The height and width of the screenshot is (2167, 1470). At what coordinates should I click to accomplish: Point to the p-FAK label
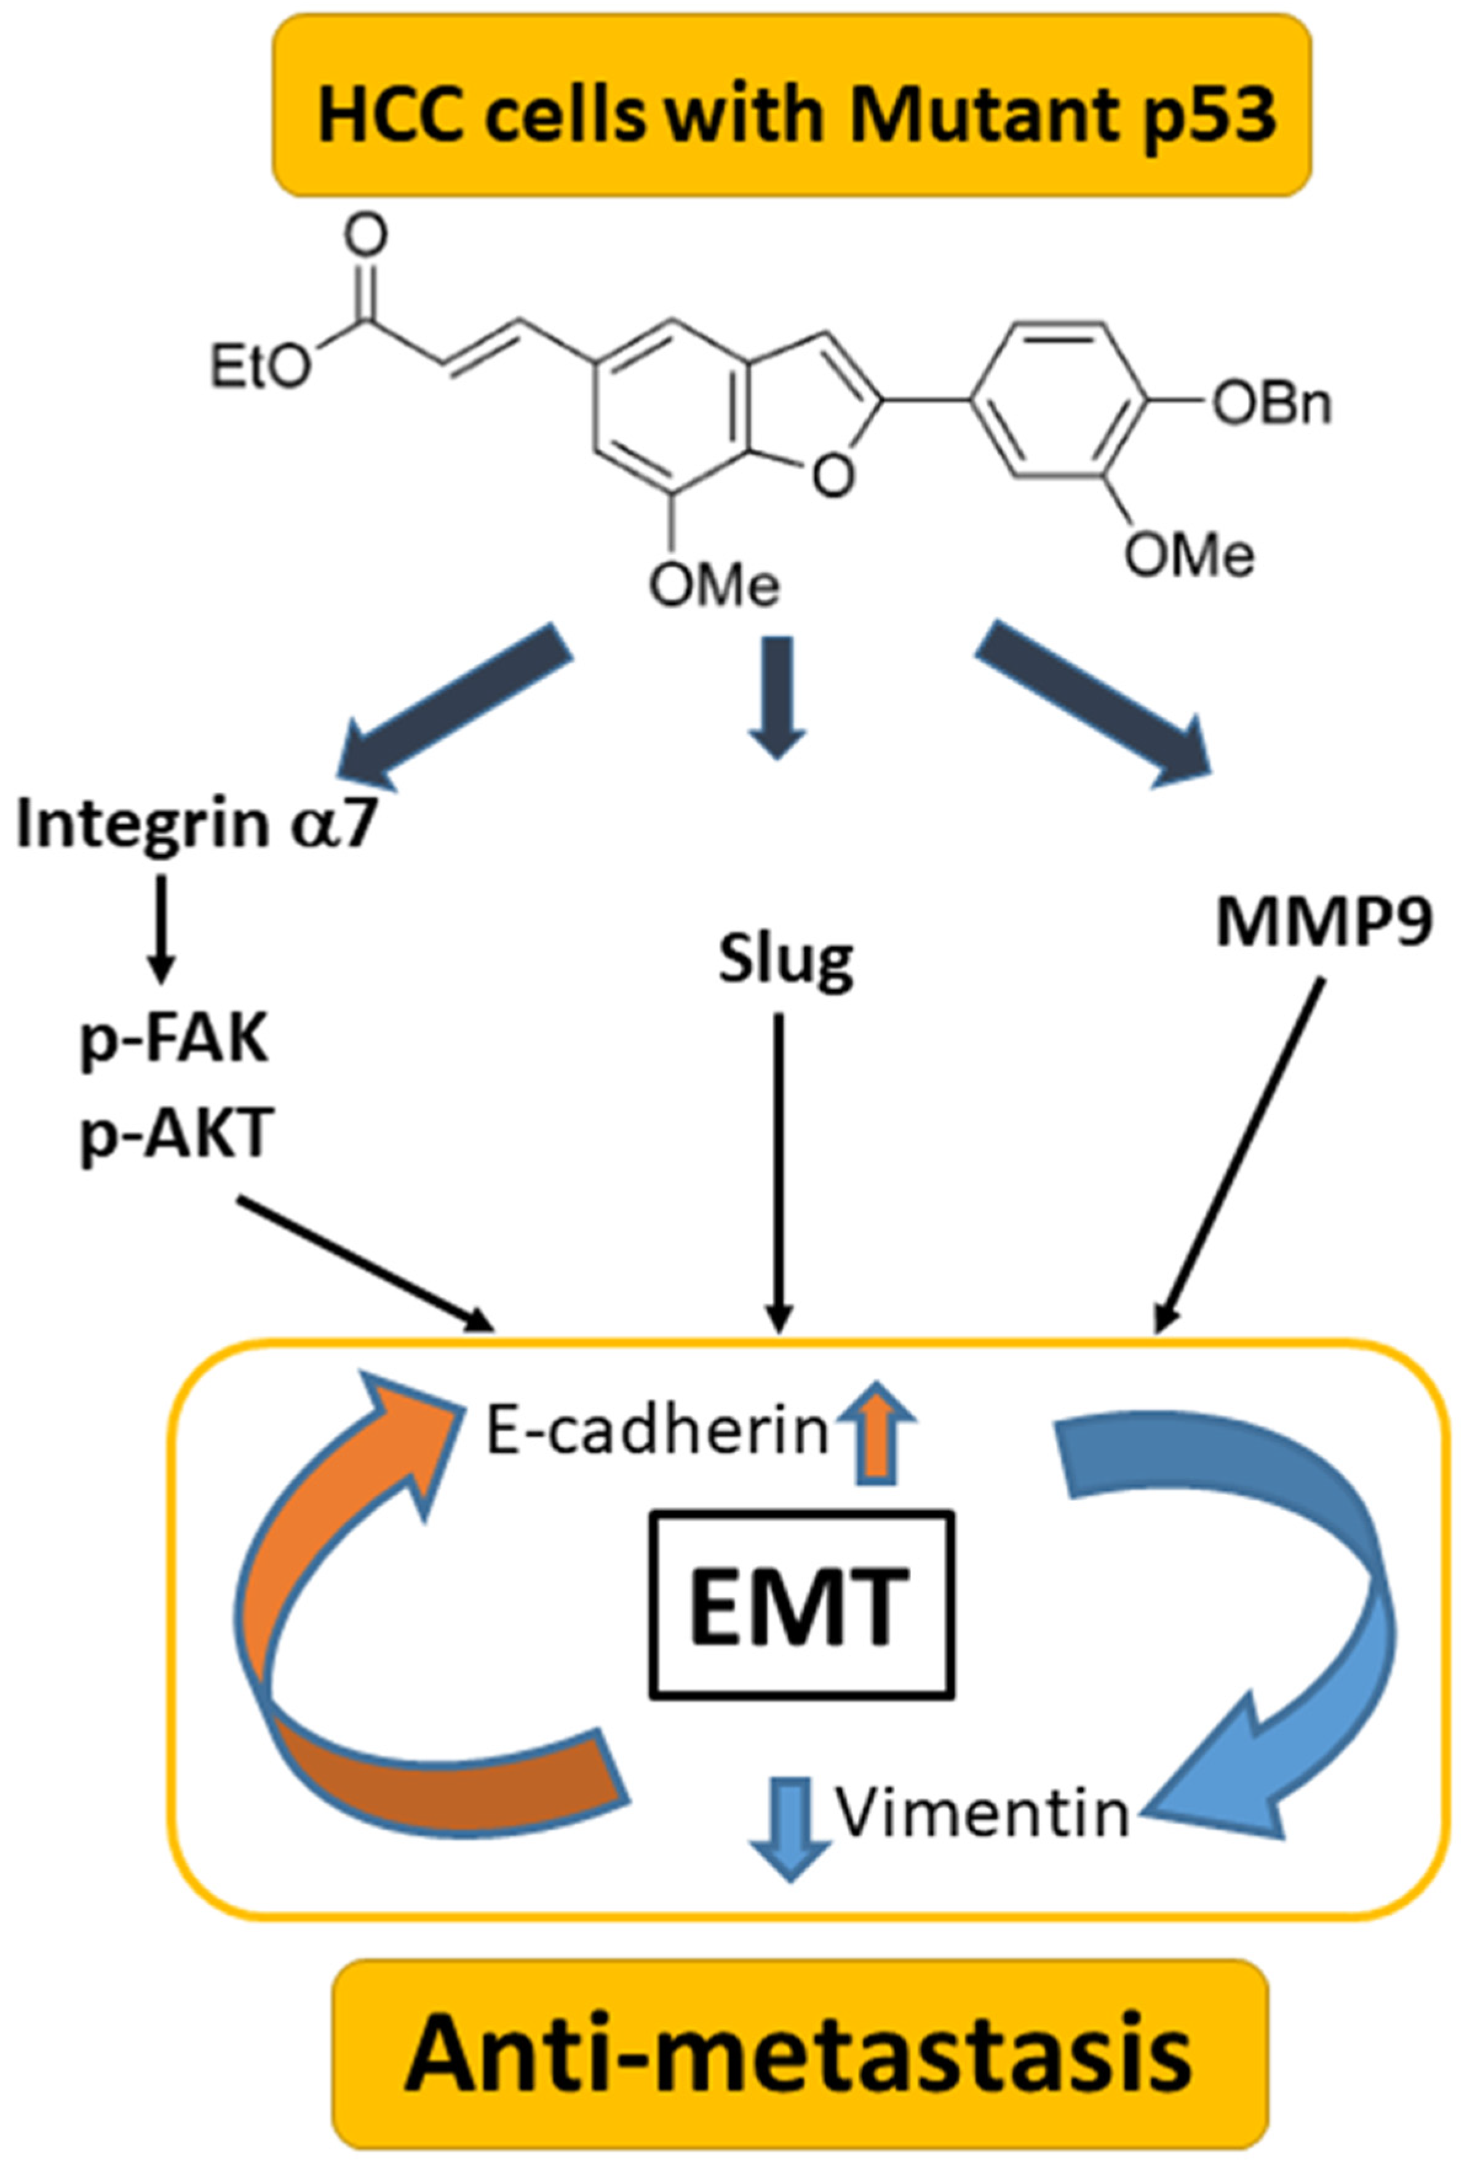click(x=175, y=1042)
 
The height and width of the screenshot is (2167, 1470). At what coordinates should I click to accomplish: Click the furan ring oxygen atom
click(x=832, y=477)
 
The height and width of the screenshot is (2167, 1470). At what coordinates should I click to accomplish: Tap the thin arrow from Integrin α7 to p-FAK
click(x=161, y=928)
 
